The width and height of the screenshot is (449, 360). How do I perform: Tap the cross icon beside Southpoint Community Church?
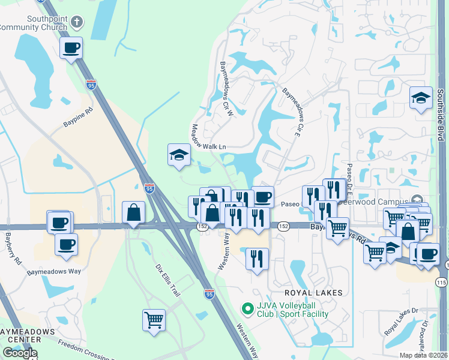click(x=76, y=23)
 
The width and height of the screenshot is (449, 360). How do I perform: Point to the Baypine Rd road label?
click(x=78, y=117)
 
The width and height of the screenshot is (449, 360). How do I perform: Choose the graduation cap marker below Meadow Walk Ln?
click(x=179, y=155)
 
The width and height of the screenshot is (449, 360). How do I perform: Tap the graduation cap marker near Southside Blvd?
click(x=421, y=98)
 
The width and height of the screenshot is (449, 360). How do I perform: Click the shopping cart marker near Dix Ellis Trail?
click(x=154, y=319)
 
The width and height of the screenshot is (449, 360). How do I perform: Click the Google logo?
click(x=20, y=353)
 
